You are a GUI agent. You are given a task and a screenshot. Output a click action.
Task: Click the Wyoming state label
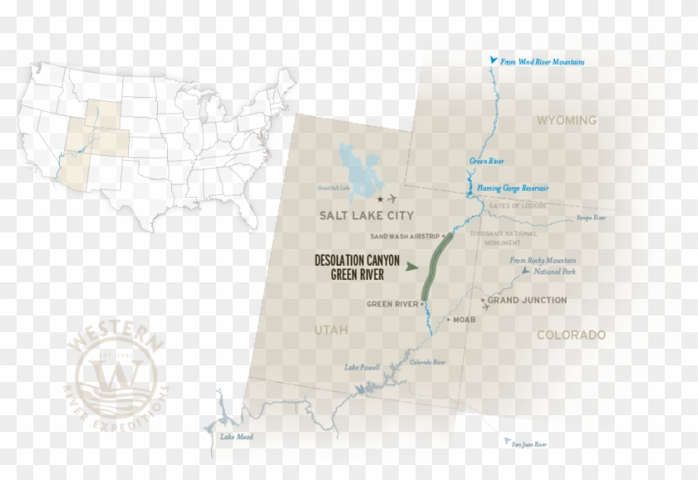pyautogui.click(x=567, y=120)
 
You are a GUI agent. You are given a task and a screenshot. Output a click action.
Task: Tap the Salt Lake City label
pyautogui.click(x=366, y=215)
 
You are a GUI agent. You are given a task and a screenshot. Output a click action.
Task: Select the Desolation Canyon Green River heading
pyautogui.click(x=357, y=267)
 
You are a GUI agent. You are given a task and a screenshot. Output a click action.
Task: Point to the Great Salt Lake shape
pyautogui.click(x=356, y=169)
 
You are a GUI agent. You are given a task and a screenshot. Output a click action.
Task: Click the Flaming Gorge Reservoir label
pyautogui.click(x=508, y=189)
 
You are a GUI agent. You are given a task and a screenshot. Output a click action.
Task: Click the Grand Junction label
pyautogui.click(x=527, y=300)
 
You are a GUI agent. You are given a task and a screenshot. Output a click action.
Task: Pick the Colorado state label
pyautogui.click(x=570, y=336)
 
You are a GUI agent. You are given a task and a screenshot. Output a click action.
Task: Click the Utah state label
pyautogui.click(x=331, y=331)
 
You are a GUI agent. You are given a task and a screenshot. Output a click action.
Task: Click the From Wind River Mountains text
pyautogui.click(x=543, y=62)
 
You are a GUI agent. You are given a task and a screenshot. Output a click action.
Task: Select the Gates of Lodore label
pyautogui.click(x=516, y=205)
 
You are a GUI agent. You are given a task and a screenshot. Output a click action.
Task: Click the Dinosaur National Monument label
pyautogui.click(x=504, y=238)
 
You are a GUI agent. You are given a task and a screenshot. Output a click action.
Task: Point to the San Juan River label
pyautogui.click(x=528, y=444)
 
